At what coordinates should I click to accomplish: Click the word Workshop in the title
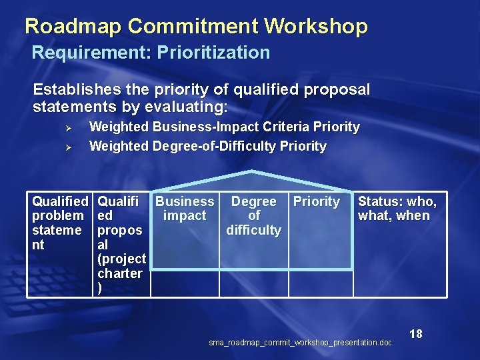[316, 27]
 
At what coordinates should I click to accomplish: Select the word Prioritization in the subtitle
[213, 53]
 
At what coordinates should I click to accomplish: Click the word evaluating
[189, 107]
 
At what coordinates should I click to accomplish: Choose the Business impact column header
[185, 208]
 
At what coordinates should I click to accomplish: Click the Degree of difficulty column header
[253, 215]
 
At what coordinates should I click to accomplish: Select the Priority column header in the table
[317, 201]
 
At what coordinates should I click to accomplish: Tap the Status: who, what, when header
[397, 208]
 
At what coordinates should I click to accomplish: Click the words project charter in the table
[121, 266]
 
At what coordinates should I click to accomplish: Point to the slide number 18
[416, 334]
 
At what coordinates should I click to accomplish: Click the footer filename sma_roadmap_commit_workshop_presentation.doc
[300, 343]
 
